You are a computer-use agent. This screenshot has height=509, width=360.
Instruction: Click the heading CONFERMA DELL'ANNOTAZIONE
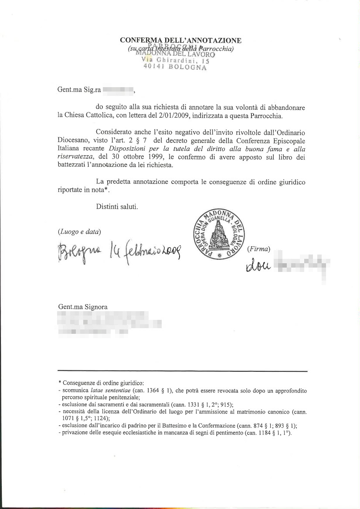[x=180, y=41]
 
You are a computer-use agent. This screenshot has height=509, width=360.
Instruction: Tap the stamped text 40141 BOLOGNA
[x=175, y=67]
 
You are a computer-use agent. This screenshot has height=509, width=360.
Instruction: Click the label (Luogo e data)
[x=79, y=232]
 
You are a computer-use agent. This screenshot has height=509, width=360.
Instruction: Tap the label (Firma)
[x=258, y=249]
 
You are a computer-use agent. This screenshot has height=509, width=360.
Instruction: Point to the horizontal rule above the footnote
[x=183, y=371]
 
